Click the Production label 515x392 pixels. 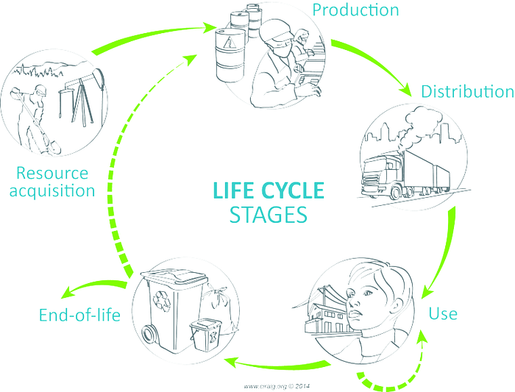tap(355, 10)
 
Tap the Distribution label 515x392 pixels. tap(466, 92)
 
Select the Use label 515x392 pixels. tap(443, 314)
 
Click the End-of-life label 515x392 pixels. tap(79, 316)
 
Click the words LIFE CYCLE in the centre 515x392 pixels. tap(268, 190)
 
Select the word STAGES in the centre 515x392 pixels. tap(268, 215)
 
